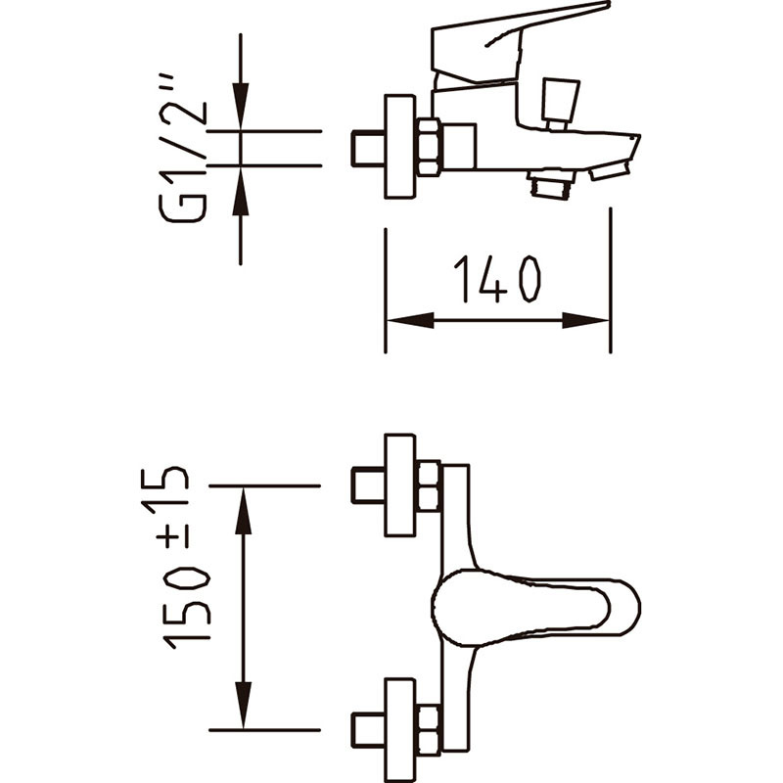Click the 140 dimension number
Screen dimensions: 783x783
click(497, 279)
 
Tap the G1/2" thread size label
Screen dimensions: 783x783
click(183, 149)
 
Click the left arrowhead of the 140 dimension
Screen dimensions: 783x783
click(410, 320)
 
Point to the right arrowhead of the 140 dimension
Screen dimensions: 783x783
click(585, 320)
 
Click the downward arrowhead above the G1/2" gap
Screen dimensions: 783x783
click(241, 107)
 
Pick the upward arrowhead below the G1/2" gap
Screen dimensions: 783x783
click(241, 191)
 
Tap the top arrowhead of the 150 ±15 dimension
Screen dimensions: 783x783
click(243, 511)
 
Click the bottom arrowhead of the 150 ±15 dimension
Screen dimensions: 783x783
click(243, 705)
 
